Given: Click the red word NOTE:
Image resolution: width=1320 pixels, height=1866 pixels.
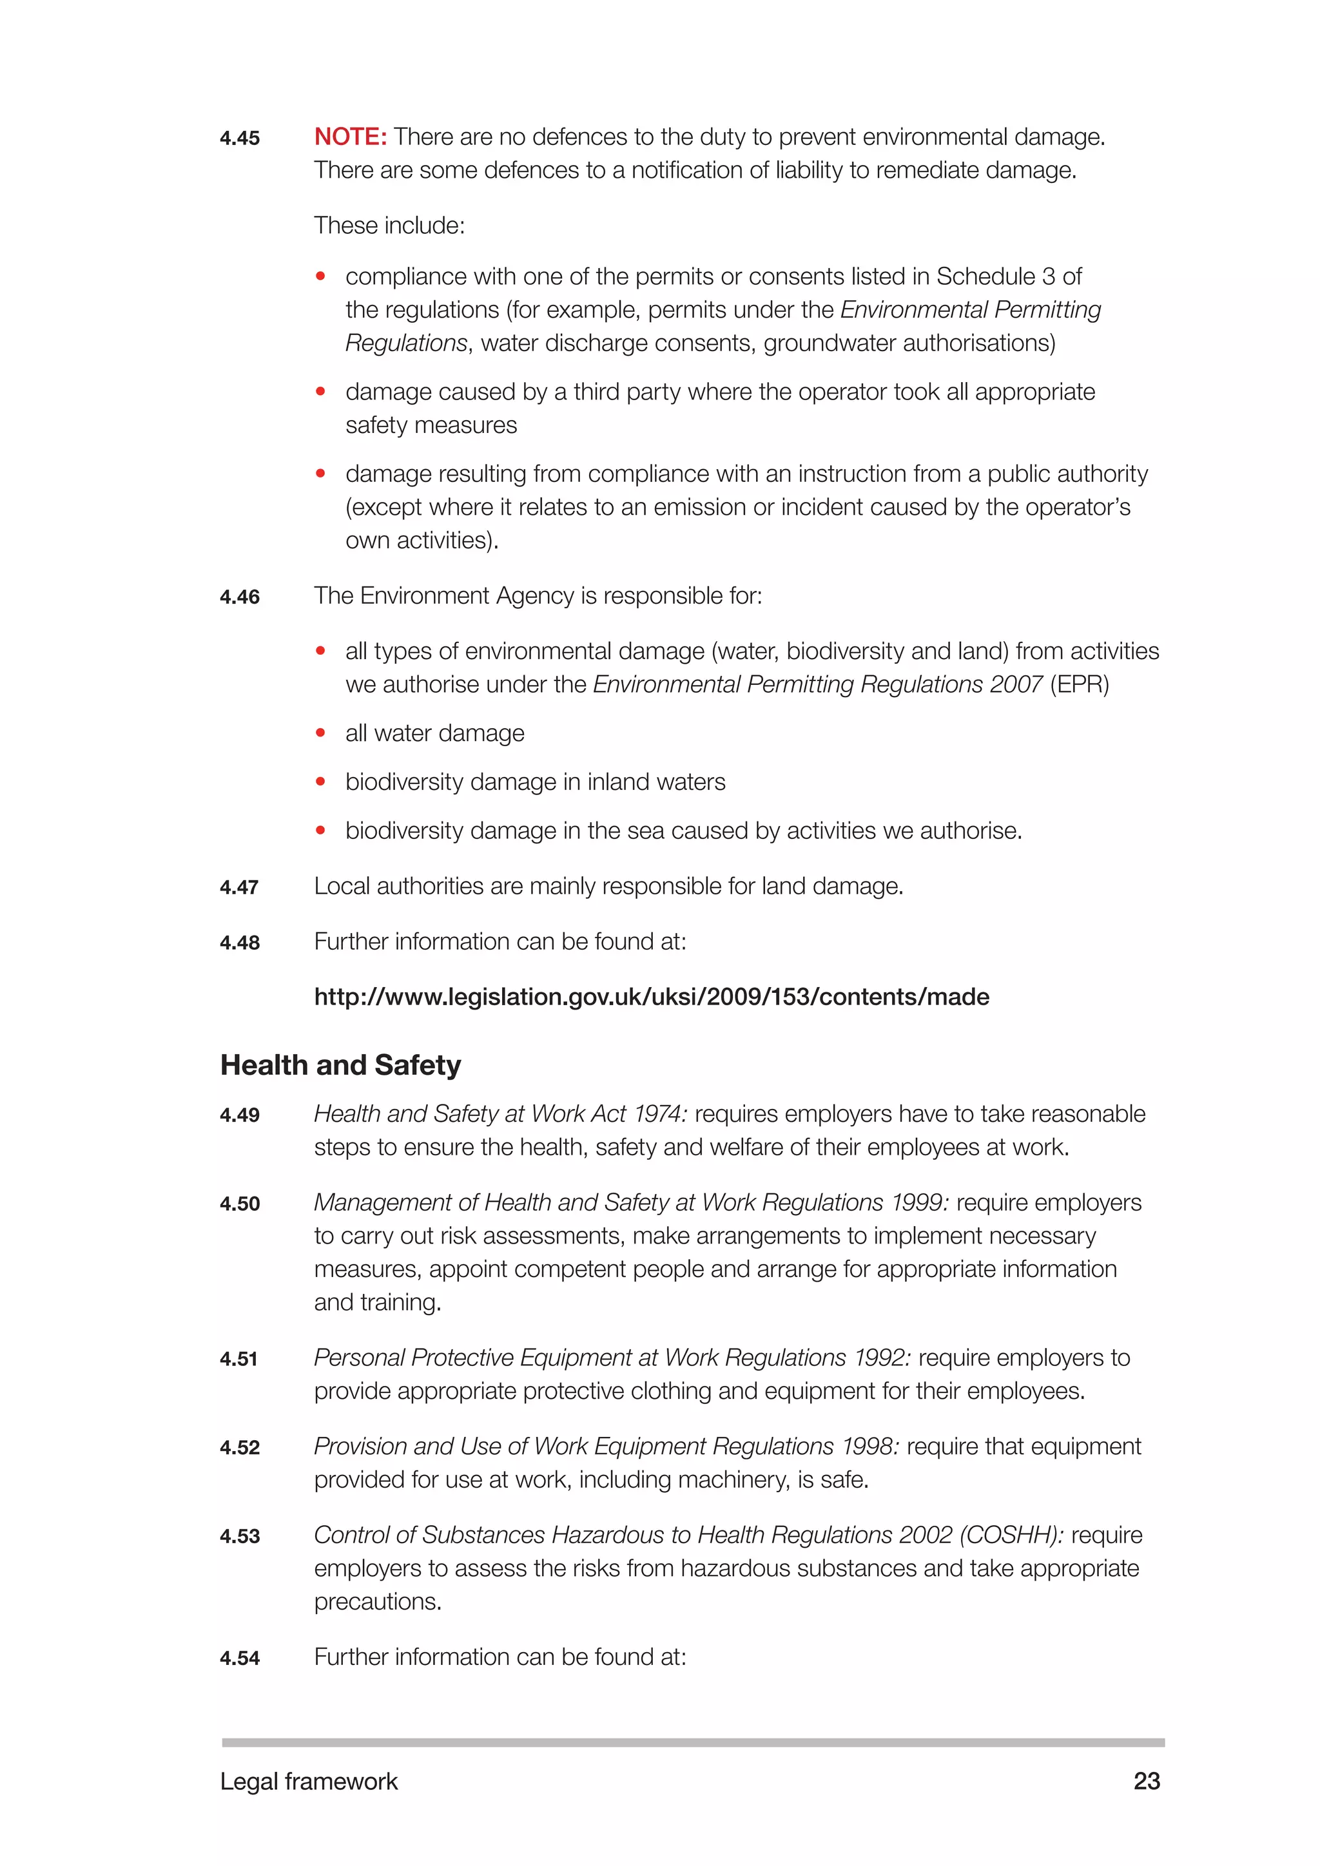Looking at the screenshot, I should [351, 137].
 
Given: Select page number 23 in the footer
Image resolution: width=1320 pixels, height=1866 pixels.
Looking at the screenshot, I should [1146, 1781].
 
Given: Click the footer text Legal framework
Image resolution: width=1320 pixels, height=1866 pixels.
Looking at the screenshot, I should [309, 1782].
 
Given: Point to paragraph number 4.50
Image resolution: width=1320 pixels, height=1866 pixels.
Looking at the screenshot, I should [240, 1204].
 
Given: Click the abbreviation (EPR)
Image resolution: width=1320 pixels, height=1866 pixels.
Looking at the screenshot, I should [1080, 684].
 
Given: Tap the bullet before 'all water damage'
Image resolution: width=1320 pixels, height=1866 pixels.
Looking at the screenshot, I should [321, 733].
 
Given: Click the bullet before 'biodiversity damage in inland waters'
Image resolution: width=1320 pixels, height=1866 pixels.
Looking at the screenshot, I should [321, 782].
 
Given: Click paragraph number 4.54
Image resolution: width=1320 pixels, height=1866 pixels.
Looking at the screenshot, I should [240, 1658].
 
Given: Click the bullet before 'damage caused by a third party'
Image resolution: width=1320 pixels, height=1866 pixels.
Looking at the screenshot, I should [321, 392].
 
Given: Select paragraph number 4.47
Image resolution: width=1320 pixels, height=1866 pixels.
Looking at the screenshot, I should [239, 887].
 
